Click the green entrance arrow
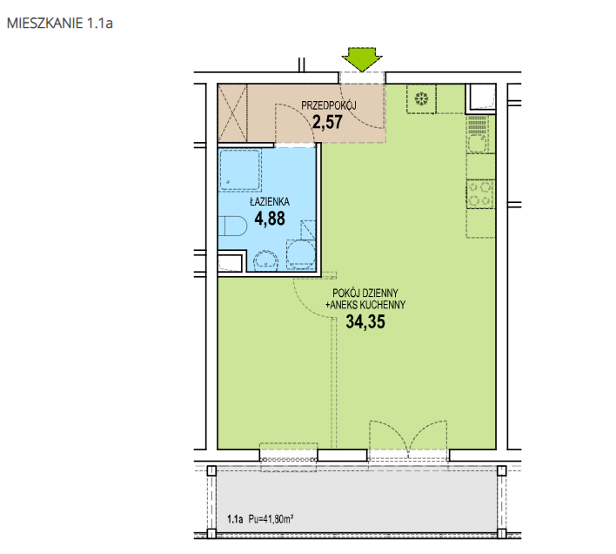pyautogui.click(x=362, y=59)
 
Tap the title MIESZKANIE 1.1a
pyautogui.click(x=60, y=24)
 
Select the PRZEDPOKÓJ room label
pyautogui.click(x=329, y=105)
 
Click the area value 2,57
pyautogui.click(x=328, y=122)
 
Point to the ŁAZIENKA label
pyautogui.click(x=270, y=201)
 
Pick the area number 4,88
pyautogui.click(x=270, y=219)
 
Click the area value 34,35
pyautogui.click(x=365, y=321)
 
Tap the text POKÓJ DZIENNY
pyautogui.click(x=365, y=293)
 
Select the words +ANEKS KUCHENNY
pyautogui.click(x=365, y=305)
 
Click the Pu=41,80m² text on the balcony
pyautogui.click(x=271, y=519)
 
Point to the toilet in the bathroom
pyautogui.click(x=232, y=226)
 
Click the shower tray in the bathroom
pyautogui.click(x=240, y=170)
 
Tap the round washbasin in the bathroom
pyautogui.click(x=266, y=260)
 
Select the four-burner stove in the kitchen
pyautogui.click(x=480, y=194)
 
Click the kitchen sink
pyautogui.click(x=478, y=134)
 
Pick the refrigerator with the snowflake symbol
pyautogui.click(x=421, y=99)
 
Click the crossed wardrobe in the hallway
pyautogui.click(x=232, y=113)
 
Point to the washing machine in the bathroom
pyautogui.click(x=301, y=254)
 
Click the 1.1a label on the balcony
pyautogui.click(x=235, y=519)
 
